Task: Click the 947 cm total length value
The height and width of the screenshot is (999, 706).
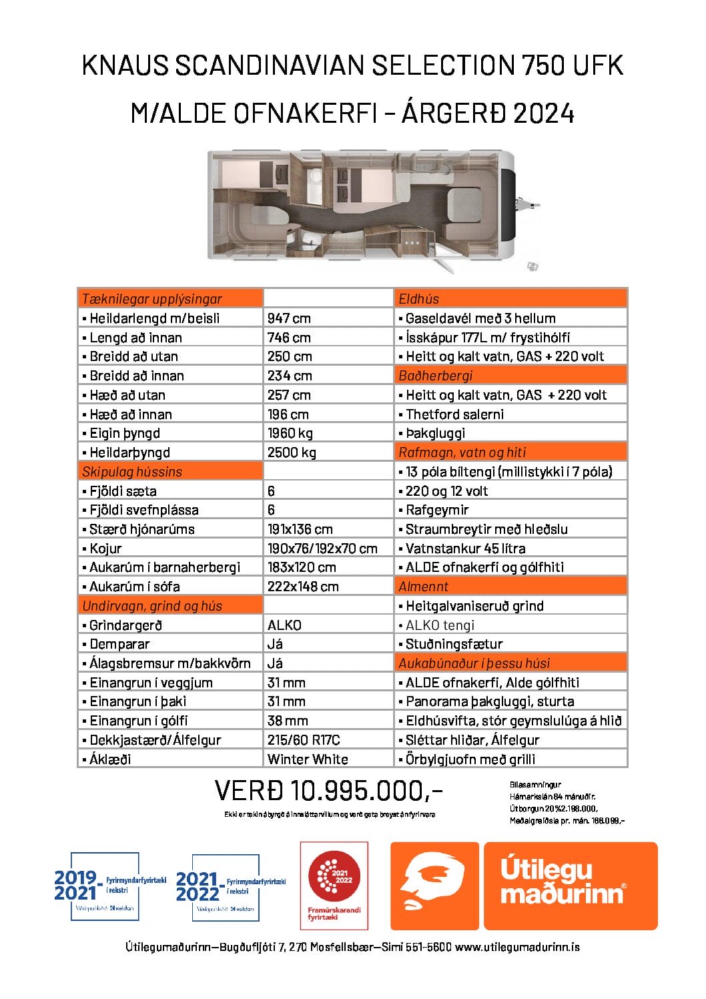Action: click(x=289, y=318)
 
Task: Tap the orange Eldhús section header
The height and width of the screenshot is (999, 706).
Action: click(x=419, y=299)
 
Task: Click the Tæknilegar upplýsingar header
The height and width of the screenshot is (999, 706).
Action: click(x=151, y=299)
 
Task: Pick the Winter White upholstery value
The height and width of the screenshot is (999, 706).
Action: click(x=308, y=759)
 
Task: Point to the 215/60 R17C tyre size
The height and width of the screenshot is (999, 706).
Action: click(x=304, y=740)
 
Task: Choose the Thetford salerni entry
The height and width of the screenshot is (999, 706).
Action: click(x=454, y=414)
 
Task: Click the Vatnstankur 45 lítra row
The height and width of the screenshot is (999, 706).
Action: click(x=465, y=549)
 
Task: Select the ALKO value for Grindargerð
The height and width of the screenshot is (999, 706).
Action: click(x=284, y=625)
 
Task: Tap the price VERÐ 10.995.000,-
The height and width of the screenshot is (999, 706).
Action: click(x=328, y=791)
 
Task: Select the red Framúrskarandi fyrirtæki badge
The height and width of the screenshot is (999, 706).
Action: click(x=334, y=886)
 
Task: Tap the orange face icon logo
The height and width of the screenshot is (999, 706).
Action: click(x=434, y=886)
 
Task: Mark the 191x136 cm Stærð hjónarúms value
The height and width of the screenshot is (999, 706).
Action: click(x=300, y=529)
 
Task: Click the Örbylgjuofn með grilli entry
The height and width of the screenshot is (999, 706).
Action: click(x=470, y=759)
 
